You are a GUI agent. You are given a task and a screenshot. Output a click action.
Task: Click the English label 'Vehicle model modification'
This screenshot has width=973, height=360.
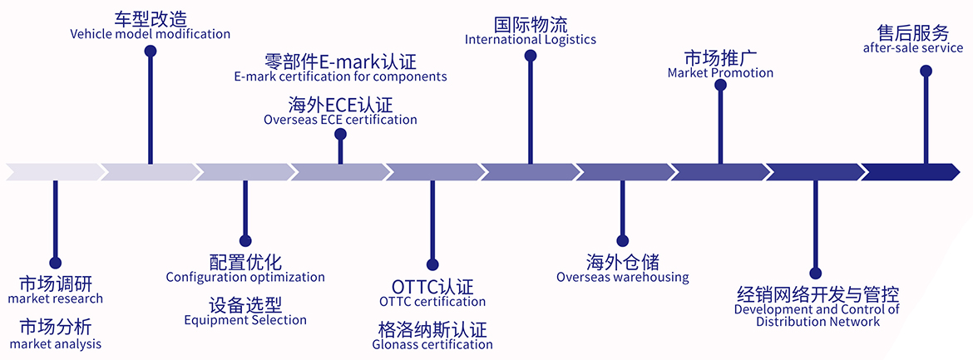coord(150,34)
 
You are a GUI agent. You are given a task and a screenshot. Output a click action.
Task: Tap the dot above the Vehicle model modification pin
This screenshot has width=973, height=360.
coord(151,51)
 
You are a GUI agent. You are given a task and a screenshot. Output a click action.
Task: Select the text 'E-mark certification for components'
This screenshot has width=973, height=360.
coord(340,76)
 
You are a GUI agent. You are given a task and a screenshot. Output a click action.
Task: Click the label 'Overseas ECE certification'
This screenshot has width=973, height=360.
coord(340,120)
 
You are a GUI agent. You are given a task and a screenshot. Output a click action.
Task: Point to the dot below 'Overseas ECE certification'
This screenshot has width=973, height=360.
coord(340,133)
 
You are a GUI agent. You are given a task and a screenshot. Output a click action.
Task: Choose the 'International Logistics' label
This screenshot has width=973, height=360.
coord(530,40)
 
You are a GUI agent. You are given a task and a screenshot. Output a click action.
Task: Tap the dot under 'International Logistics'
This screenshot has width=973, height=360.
coord(531,56)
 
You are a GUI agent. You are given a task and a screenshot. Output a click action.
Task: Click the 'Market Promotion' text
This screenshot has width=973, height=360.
coord(720,73)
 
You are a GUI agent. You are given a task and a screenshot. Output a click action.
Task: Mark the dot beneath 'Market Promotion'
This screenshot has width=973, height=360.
coord(720,85)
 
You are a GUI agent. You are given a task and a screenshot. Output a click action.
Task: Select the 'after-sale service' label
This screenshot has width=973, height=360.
coord(912,48)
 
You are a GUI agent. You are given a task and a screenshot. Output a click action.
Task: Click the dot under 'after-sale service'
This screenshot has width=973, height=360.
coord(926,71)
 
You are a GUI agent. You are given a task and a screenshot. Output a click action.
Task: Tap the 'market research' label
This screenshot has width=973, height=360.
coord(56,298)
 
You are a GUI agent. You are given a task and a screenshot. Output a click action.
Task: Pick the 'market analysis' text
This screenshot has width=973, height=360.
coord(56,343)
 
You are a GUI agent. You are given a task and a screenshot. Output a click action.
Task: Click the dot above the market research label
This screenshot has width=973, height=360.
coord(56,263)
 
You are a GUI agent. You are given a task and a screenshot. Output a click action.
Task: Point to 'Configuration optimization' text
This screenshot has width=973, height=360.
coord(245,277)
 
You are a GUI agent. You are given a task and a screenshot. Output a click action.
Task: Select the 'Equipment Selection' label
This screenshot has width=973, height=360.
coord(245,320)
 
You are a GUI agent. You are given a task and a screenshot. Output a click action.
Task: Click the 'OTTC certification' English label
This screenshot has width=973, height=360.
coord(432,301)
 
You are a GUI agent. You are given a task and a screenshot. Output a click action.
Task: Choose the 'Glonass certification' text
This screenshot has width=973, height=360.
coord(432,344)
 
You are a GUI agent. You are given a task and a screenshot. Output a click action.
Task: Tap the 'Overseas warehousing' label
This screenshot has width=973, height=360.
coord(623,277)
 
